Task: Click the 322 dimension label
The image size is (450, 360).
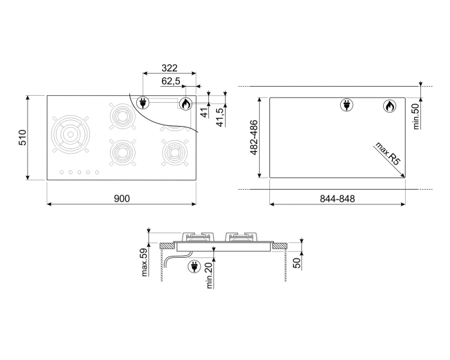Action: click(x=169, y=68)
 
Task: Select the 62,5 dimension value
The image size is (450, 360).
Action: click(x=171, y=81)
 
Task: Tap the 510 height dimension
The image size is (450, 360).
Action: click(x=22, y=138)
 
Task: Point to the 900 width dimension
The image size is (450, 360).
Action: click(x=122, y=199)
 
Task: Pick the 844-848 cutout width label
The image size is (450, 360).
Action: click(x=337, y=199)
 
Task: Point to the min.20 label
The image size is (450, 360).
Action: click(x=210, y=275)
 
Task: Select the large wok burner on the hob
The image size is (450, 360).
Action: click(x=71, y=134)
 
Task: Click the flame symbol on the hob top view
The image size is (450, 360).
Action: click(x=185, y=102)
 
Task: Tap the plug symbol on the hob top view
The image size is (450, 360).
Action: click(x=143, y=102)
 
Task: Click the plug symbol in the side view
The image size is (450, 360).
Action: click(x=193, y=265)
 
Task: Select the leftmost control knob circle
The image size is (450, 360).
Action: click(x=61, y=172)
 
